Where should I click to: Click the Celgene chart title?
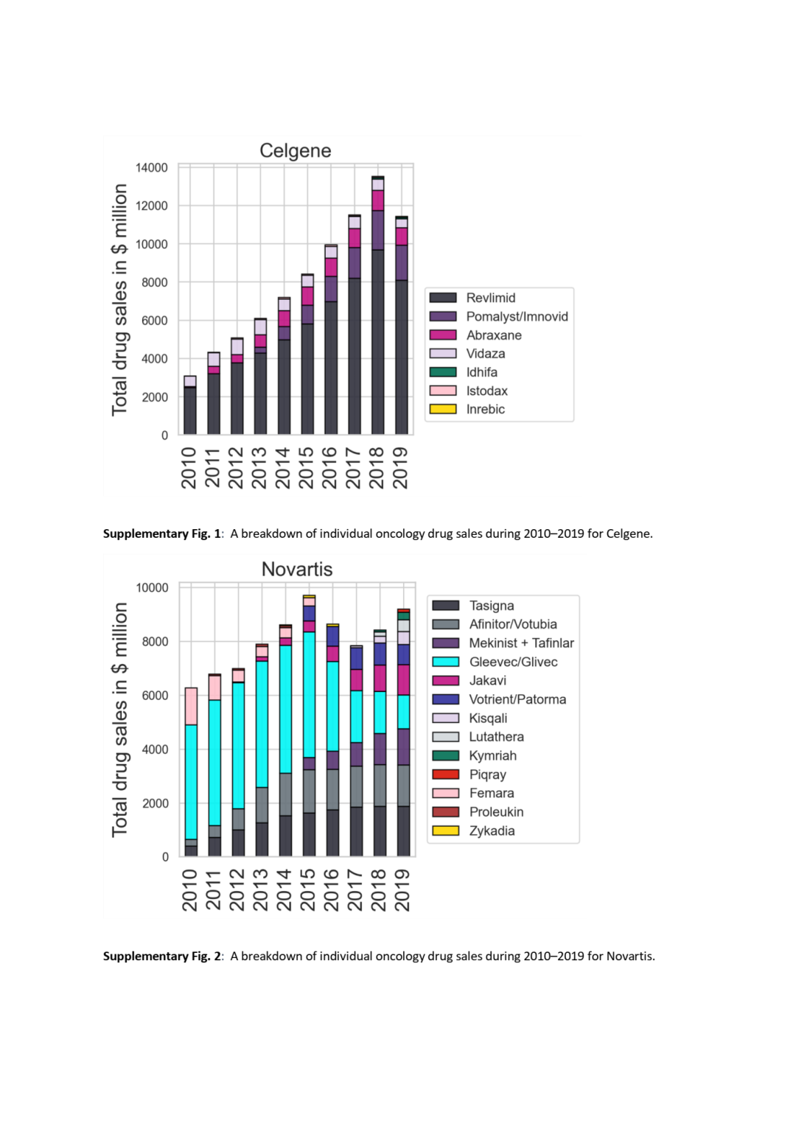(295, 150)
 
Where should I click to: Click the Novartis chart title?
(297, 569)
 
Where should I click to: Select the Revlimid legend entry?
(490, 298)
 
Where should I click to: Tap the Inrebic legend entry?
(485, 409)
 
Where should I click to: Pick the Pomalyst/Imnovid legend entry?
(517, 316)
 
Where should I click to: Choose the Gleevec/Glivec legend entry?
(513, 662)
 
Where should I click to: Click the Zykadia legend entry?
(492, 830)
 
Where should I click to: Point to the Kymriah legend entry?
(492, 755)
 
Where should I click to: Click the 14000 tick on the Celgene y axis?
(151, 168)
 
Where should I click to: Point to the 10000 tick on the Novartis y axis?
(152, 587)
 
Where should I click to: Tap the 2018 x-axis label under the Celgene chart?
(377, 467)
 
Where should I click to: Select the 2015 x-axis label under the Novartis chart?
(308, 889)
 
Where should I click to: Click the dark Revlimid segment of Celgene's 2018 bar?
(377, 346)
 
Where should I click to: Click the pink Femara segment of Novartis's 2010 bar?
(191, 706)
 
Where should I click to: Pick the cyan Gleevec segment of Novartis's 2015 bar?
(309, 693)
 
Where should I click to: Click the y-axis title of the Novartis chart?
(120, 719)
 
